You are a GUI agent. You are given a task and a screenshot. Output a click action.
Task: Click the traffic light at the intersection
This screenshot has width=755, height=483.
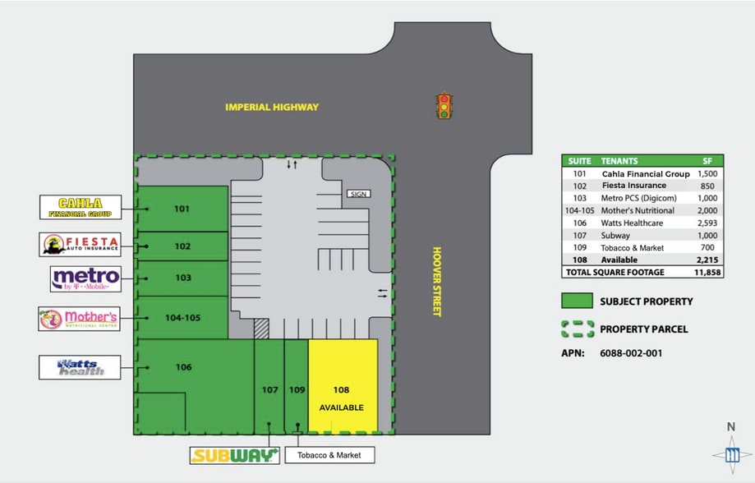point(444,106)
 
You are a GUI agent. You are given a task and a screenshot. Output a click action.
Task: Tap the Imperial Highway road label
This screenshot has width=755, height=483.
point(273,107)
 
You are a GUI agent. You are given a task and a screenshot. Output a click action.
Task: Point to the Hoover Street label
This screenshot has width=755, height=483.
point(437,282)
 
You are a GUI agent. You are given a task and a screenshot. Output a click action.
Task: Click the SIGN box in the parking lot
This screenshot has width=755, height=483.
point(359,194)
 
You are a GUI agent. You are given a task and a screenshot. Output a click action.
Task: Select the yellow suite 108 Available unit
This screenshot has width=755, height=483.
point(343,386)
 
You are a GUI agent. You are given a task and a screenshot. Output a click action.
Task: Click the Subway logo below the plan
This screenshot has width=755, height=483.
point(233,455)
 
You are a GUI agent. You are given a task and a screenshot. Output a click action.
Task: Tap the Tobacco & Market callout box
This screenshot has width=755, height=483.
point(329,454)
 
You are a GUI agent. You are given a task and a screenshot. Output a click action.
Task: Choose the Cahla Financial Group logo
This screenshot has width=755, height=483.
point(81,207)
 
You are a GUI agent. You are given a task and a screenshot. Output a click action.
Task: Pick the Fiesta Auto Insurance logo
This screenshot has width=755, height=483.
point(81,244)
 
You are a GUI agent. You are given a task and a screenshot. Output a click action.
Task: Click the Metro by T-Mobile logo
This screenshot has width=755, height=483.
point(85,278)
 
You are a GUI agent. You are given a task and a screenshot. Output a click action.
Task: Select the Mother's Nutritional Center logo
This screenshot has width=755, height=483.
point(79,318)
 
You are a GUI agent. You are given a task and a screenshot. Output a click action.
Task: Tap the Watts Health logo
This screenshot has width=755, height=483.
point(81,367)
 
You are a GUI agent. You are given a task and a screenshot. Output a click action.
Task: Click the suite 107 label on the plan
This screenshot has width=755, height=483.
point(269,389)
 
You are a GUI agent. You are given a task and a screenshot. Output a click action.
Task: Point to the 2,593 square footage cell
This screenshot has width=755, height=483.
point(707,223)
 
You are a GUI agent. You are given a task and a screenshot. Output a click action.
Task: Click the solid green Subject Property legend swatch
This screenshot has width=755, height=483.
point(578,301)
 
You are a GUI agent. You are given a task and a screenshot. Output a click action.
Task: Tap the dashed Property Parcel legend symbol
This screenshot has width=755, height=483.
point(578,329)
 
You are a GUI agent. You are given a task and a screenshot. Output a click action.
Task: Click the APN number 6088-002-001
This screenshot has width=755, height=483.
point(631,354)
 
